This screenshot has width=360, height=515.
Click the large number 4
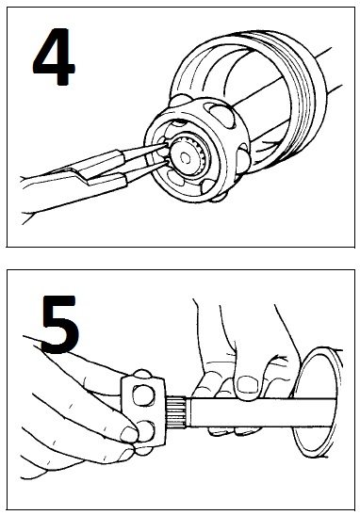click(x=54, y=56)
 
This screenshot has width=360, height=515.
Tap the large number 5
click(x=59, y=324)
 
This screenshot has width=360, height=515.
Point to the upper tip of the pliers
click(x=168, y=143)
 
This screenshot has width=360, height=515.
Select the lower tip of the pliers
click(x=168, y=161)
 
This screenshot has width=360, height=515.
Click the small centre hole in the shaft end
click(x=186, y=158)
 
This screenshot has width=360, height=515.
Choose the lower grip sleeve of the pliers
click(x=106, y=182)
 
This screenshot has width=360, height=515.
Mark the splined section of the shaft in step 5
click(x=177, y=412)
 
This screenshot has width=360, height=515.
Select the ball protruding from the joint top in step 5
click(x=142, y=373)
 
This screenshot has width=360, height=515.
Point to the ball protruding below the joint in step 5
click(x=143, y=450)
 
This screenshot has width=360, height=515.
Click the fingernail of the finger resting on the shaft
click(x=248, y=384)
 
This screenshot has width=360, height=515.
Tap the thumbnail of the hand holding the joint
click(x=129, y=433)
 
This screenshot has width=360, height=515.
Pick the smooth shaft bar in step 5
click(x=263, y=412)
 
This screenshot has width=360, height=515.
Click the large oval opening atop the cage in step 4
click(x=222, y=114)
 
